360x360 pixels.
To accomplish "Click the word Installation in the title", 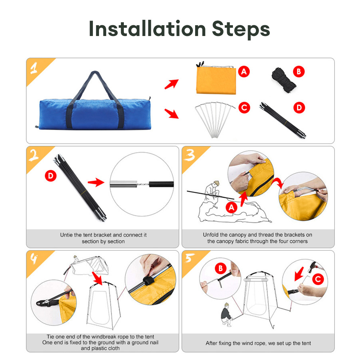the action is click(147, 28).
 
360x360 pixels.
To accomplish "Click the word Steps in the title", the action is click(241, 30).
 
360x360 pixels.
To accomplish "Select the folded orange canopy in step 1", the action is click(216, 79).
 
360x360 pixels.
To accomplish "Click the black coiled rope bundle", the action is click(283, 80).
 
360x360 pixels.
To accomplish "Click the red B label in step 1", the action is click(299, 72).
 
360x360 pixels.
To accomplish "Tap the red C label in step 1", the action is click(244, 108).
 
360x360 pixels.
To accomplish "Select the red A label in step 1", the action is click(244, 72).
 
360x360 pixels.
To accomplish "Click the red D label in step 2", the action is click(51, 176).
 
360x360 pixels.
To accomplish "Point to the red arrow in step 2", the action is click(96, 182).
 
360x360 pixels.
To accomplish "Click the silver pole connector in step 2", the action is click(123, 184).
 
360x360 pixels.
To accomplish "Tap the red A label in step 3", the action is click(231, 208).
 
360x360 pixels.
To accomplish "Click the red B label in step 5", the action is click(221, 269).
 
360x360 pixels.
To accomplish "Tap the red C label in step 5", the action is click(318, 279).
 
